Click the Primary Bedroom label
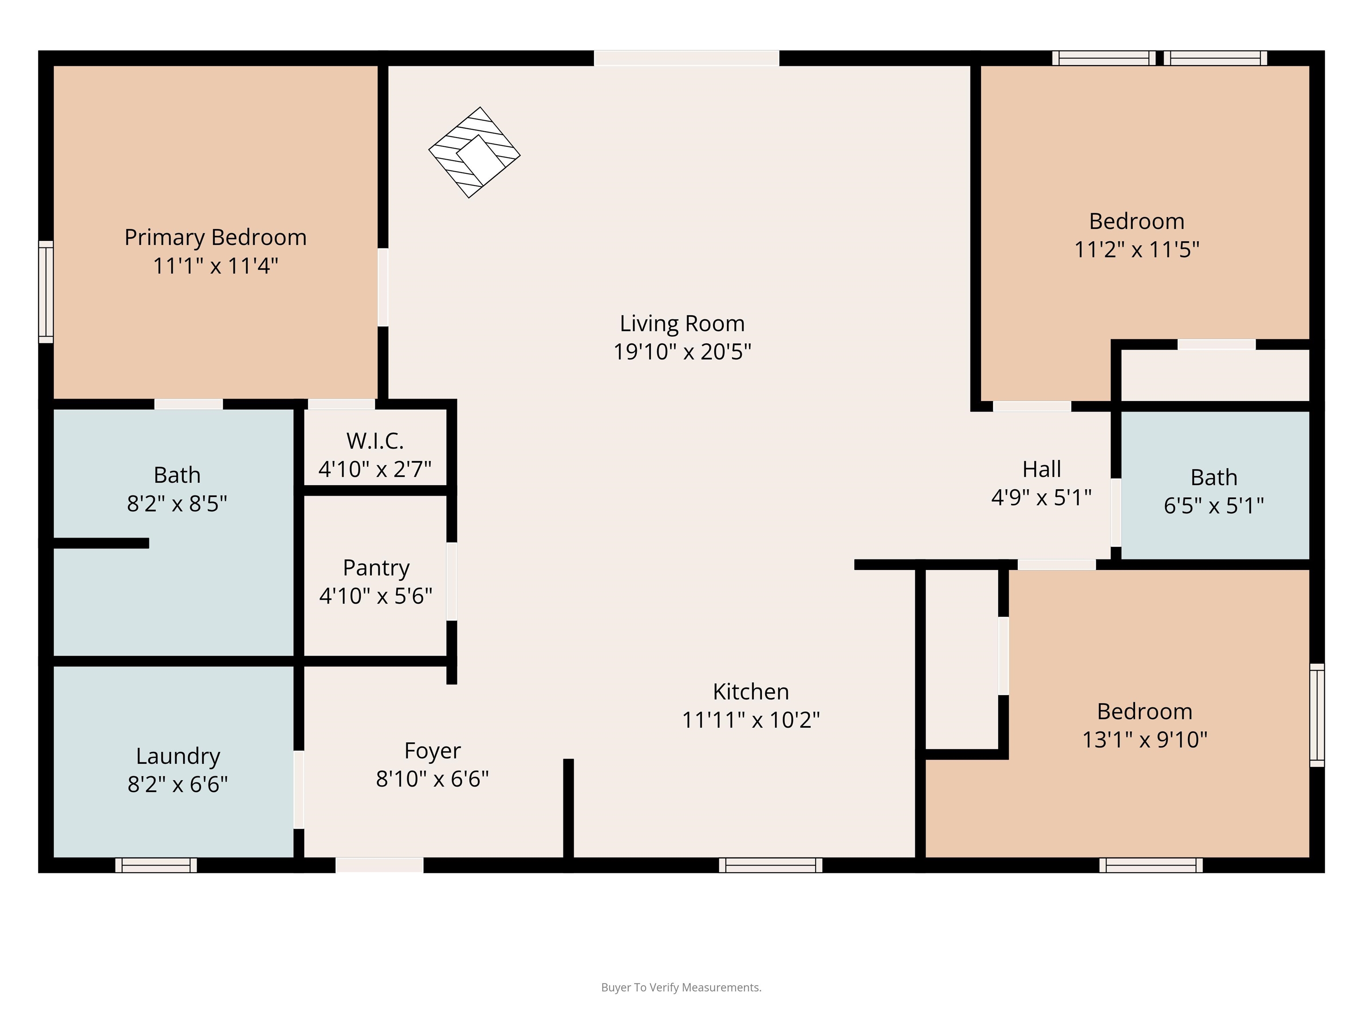click(x=216, y=237)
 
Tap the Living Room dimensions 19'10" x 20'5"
click(x=682, y=352)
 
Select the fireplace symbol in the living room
click(x=474, y=152)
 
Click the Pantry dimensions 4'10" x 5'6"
click(x=376, y=596)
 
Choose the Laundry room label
click(x=178, y=756)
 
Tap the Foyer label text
click(x=433, y=751)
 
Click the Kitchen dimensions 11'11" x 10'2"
click(x=751, y=719)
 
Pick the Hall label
click(x=1042, y=469)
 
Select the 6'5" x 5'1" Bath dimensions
click(x=1214, y=506)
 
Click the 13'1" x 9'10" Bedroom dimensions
click(x=1145, y=739)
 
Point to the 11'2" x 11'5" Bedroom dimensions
click(x=1137, y=249)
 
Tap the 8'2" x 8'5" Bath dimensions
click(x=177, y=504)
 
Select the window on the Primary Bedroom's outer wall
click(x=46, y=292)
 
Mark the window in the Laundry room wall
click(x=157, y=865)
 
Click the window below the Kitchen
click(x=771, y=865)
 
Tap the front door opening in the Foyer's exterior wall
click(x=379, y=865)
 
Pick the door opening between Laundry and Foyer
click(x=299, y=790)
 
